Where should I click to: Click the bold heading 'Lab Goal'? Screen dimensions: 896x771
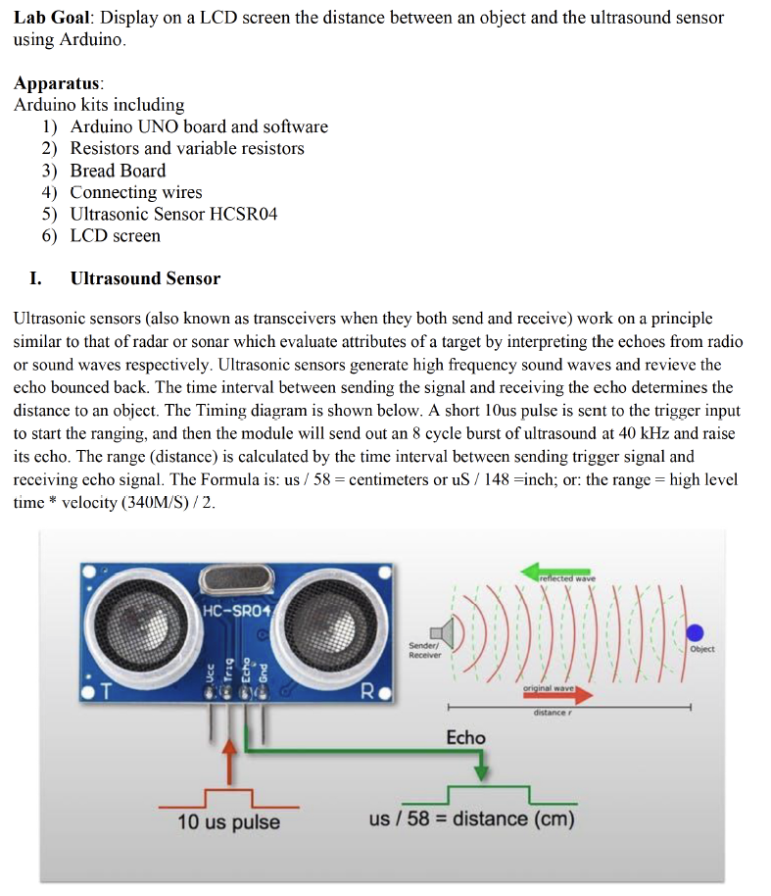[53, 18]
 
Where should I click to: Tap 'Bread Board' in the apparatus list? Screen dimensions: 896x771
[118, 171]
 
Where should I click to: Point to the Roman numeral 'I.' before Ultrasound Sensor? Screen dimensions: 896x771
[35, 278]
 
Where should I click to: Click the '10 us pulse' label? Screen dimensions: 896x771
[228, 821]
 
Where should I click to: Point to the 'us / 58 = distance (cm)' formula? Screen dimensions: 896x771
[471, 819]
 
